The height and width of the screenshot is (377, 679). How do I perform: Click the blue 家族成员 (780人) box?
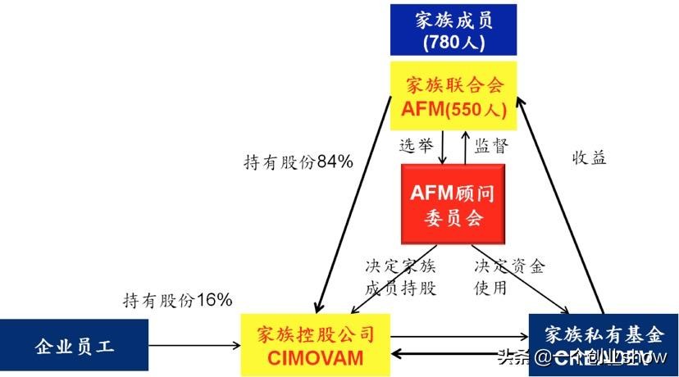(x=455, y=28)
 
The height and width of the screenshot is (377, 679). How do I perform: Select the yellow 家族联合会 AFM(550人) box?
(x=453, y=96)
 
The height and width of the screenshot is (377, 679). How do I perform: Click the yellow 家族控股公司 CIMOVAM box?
(x=315, y=345)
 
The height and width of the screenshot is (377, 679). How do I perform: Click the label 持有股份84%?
(x=298, y=162)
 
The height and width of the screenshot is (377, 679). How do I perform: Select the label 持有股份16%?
(x=178, y=300)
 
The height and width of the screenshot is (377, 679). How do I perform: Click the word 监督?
(x=491, y=147)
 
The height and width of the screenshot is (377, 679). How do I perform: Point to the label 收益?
(x=589, y=158)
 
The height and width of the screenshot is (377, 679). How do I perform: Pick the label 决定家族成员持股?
(x=400, y=277)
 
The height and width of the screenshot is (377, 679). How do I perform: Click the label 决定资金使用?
(x=508, y=277)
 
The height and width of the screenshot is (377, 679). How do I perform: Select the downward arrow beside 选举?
(x=444, y=148)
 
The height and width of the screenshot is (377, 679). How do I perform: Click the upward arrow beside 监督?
(x=466, y=148)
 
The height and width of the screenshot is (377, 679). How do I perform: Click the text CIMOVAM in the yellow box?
(x=315, y=358)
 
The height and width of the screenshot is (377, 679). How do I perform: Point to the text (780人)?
(x=455, y=41)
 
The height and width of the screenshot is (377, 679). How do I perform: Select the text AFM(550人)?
(x=453, y=108)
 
